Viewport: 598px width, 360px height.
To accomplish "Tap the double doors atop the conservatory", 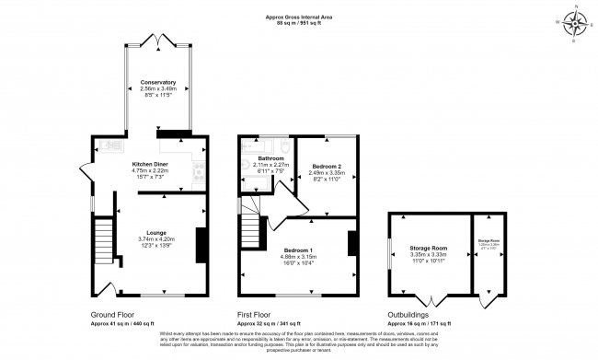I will pos(158,40).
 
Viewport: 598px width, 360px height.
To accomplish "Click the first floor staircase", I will pos(251,224).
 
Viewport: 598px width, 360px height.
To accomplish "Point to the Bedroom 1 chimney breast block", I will pos(351,243).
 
